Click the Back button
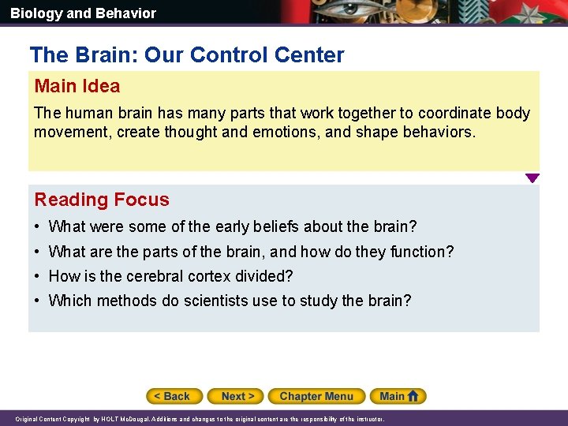coord(174,396)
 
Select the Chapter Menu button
coord(316,396)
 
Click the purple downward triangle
coord(532,178)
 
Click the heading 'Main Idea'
coord(77,86)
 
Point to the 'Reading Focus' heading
coord(102,200)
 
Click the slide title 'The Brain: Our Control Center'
coord(187,55)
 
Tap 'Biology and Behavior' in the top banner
coord(83,13)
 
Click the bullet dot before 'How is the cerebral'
coord(39,277)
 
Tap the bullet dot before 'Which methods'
coord(39,301)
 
